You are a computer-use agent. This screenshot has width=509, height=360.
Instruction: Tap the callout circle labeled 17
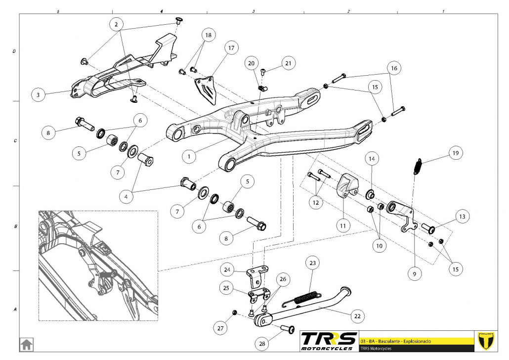231,48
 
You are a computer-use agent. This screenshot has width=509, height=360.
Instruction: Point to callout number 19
456,154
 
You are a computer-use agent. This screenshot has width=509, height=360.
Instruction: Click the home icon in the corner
26,343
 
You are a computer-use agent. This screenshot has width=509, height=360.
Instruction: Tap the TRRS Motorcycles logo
329,341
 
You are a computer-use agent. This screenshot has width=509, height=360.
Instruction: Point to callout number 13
462,217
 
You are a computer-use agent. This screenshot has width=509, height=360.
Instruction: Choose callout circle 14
372,159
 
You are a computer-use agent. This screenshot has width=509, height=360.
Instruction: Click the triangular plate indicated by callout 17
207,89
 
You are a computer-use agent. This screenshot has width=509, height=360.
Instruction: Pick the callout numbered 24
227,270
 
